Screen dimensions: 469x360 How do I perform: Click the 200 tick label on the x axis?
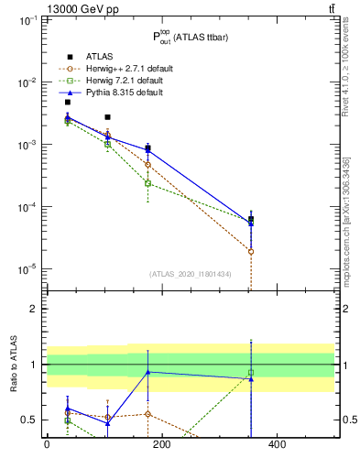click(161, 445)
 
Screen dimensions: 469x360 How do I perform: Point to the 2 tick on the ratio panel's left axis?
click(32, 309)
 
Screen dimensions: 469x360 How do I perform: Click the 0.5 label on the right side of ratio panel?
click(347, 420)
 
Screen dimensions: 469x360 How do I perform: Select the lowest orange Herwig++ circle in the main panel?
click(251, 251)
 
